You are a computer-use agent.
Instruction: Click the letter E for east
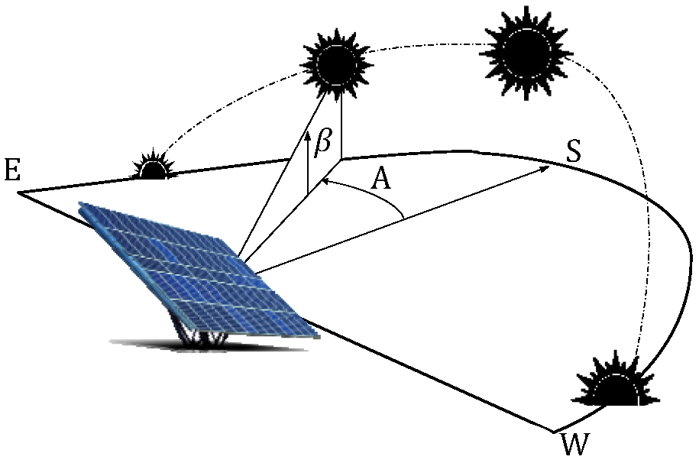tap(11, 170)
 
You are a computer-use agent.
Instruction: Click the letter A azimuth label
tap(381, 180)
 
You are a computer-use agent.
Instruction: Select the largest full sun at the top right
tap(527, 51)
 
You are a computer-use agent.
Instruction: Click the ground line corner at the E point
tap(19, 192)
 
